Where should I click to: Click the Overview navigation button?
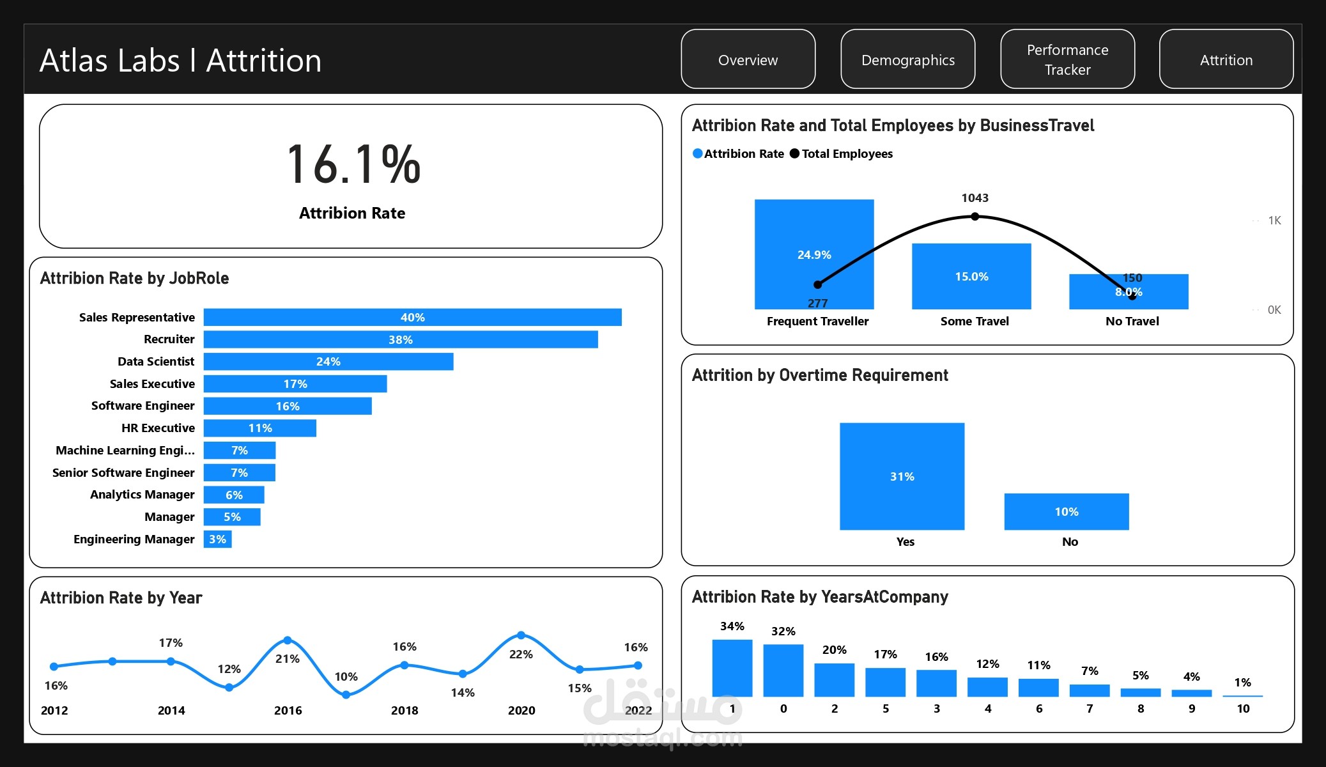[x=748, y=59]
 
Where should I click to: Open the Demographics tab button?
[x=907, y=59]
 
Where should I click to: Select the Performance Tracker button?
[x=1067, y=59]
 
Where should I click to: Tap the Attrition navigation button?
[x=1226, y=59]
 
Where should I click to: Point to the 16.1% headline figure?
[x=353, y=165]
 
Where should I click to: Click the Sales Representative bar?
[x=412, y=317]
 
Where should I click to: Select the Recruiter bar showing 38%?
[x=401, y=339]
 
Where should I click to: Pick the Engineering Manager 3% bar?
[x=217, y=539]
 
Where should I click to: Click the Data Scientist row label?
[x=156, y=361]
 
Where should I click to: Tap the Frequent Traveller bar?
[x=814, y=254]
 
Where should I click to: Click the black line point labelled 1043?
[x=975, y=217]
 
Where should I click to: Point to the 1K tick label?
[x=1274, y=221]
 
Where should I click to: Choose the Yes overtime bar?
[x=902, y=476]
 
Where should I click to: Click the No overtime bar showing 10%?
[x=1067, y=511]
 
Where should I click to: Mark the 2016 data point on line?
[x=288, y=640]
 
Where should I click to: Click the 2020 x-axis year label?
[x=521, y=710]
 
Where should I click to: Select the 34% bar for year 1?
[x=732, y=667]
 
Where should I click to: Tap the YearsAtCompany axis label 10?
[x=1243, y=708]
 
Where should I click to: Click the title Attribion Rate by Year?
[x=121, y=598]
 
